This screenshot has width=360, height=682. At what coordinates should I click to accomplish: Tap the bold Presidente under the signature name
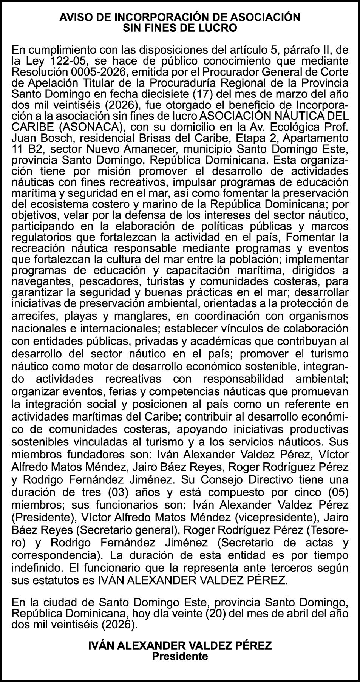click(x=180, y=656)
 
